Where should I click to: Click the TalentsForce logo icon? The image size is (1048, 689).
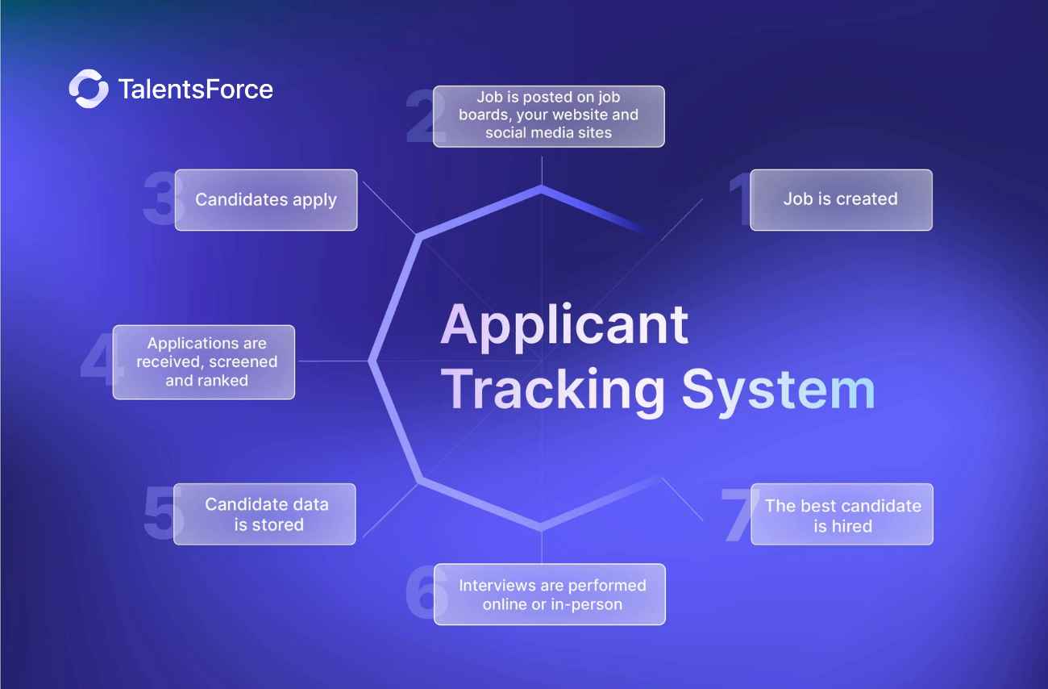pyautogui.click(x=88, y=89)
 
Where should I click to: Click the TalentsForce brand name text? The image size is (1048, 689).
pyautogui.click(x=196, y=89)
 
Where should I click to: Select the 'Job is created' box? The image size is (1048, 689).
pyautogui.click(x=841, y=199)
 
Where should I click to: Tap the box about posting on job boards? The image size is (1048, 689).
pyautogui.click(x=548, y=116)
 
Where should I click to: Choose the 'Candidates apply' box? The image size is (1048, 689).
pyautogui.click(x=266, y=200)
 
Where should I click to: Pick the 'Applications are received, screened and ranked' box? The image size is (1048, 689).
pyautogui.click(x=204, y=362)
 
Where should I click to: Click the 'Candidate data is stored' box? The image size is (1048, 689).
pyautogui.click(x=265, y=514)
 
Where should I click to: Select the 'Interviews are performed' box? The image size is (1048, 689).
pyautogui.click(x=550, y=594)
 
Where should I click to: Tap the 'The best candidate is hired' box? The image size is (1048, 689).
pyautogui.click(x=842, y=515)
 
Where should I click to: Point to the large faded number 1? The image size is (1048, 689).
pyautogui.click(x=740, y=199)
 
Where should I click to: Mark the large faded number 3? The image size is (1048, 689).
pyautogui.click(x=160, y=200)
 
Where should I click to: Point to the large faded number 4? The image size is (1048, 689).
pyautogui.click(x=98, y=362)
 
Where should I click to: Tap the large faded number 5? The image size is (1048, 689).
pyautogui.click(x=160, y=514)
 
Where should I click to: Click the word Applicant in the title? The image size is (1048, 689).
pyautogui.click(x=564, y=325)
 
